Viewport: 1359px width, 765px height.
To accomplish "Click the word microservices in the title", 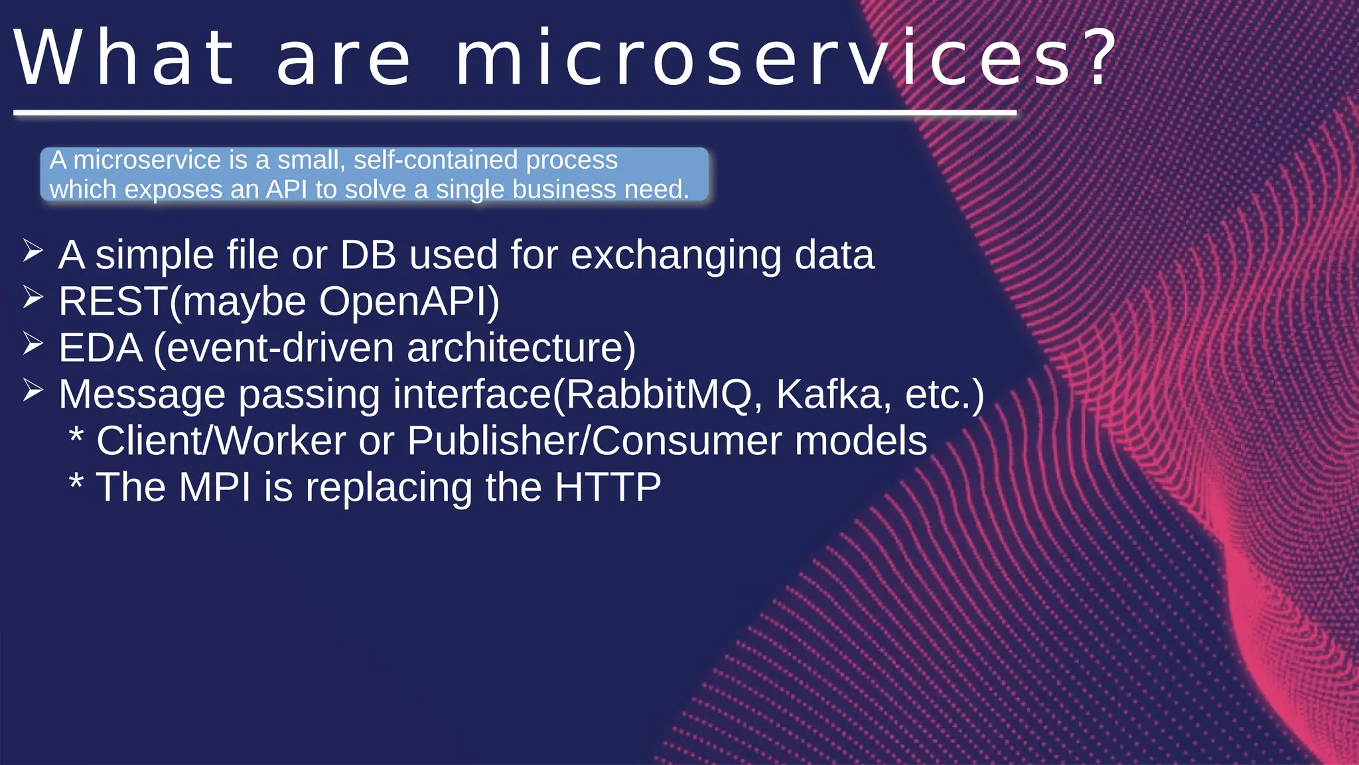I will tap(763, 58).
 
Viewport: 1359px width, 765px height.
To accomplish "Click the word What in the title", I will tap(125, 58).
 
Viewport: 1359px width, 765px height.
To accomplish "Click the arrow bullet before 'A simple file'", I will tap(33, 252).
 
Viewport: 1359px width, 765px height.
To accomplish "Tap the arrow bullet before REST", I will tap(33, 298).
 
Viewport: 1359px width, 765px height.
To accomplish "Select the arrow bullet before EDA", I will tap(33, 345).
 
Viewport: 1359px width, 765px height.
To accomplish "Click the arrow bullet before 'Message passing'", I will tap(33, 391).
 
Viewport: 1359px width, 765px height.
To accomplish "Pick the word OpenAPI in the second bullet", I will tap(407, 301).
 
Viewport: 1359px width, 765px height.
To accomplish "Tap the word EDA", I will tap(100, 348).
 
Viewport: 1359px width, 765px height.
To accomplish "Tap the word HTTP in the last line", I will tap(607, 487).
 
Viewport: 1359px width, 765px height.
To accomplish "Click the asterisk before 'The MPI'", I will tap(76, 481).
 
